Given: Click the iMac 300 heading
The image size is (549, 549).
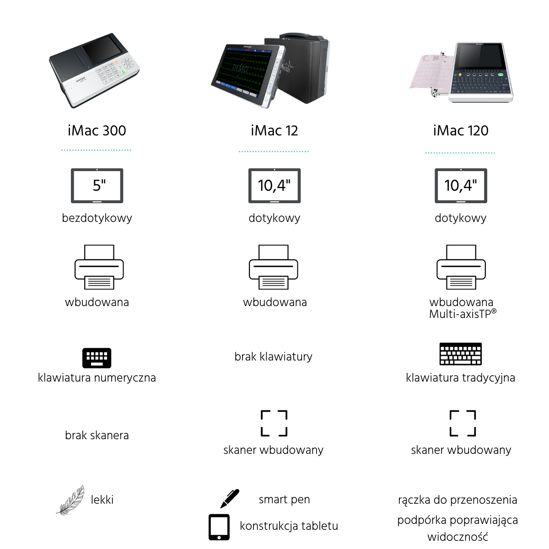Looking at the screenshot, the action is click(97, 131).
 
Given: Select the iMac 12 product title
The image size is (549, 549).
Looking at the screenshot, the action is click(274, 131).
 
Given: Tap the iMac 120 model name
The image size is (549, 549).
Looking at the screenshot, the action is click(461, 131).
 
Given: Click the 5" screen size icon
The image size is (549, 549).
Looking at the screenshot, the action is click(97, 186).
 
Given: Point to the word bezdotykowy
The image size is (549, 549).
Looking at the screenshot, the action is click(97, 218).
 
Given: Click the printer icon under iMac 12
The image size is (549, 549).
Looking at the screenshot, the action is click(274, 267).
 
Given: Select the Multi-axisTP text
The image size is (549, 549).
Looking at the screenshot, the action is click(463, 314).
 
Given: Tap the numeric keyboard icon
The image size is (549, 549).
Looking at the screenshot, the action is click(97, 358).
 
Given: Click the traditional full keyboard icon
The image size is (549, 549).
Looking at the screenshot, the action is click(461, 354).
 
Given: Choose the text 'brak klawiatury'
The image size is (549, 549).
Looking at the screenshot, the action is click(273, 356).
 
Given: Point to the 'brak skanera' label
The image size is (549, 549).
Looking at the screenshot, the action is click(97, 436).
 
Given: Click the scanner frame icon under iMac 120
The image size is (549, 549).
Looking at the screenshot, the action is click(463, 423).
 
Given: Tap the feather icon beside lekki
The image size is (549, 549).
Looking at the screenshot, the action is click(71, 501).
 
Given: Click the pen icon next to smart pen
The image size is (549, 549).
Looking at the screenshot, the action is click(230, 499).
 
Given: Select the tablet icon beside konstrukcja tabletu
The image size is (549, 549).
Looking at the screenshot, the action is click(219, 527).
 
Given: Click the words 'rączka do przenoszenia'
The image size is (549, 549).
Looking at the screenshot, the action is click(457, 500).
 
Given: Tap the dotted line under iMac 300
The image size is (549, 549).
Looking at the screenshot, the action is click(96, 150).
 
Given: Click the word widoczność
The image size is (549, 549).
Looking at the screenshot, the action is click(457, 537).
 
